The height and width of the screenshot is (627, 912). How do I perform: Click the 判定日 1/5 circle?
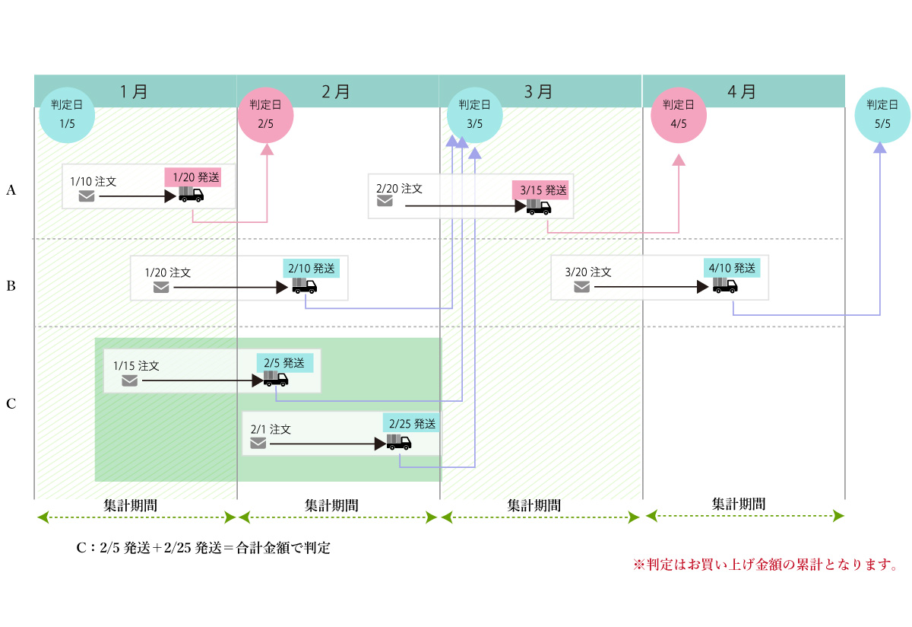click(66, 115)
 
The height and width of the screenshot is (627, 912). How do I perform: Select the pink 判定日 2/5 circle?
click(266, 115)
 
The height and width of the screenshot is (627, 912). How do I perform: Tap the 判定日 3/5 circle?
click(474, 115)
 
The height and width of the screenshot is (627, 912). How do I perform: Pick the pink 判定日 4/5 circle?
click(679, 115)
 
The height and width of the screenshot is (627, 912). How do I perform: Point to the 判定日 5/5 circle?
click(882, 115)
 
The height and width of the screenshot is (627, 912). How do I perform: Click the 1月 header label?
click(135, 92)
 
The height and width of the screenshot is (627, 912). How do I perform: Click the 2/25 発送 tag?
click(412, 423)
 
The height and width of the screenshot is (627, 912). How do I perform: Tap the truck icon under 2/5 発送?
click(275, 379)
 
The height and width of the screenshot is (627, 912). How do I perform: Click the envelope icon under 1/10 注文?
click(87, 196)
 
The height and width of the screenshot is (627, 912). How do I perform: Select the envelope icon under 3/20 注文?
click(581, 287)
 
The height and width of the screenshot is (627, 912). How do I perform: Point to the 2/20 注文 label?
click(399, 186)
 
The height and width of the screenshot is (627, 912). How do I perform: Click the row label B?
click(11, 287)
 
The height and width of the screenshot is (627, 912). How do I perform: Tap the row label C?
click(11, 404)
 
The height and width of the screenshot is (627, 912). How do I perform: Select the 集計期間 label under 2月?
click(332, 504)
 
